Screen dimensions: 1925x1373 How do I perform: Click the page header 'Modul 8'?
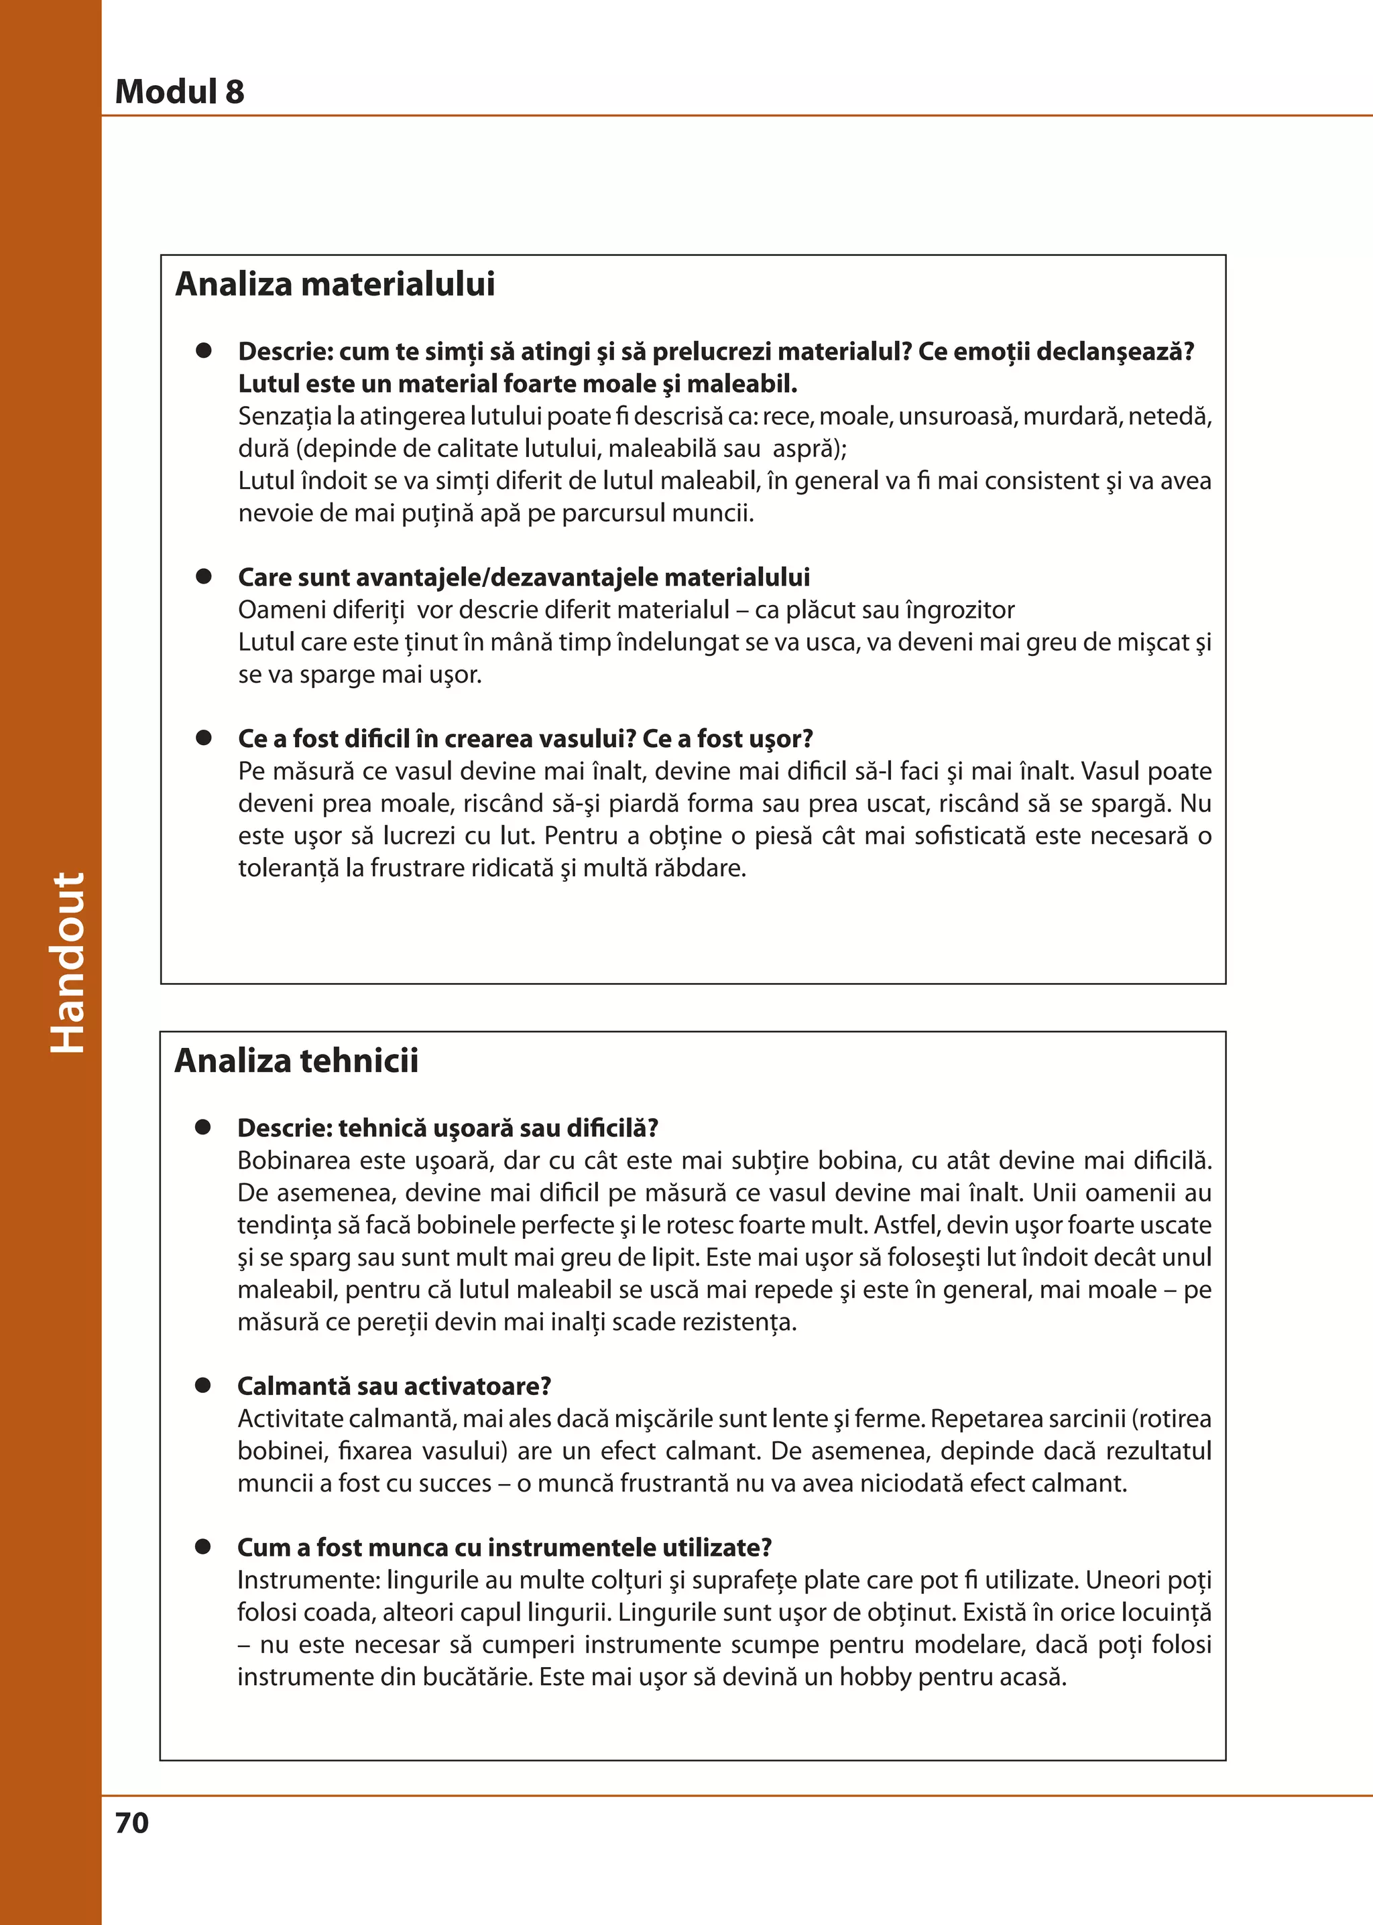179,91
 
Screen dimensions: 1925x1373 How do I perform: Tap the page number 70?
132,1822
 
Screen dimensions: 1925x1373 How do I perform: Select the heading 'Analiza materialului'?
335,284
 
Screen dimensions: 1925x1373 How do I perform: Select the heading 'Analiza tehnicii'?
296,1061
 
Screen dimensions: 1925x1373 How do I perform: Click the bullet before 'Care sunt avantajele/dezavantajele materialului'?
204,576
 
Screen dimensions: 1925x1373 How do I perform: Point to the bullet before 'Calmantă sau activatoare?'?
203,1385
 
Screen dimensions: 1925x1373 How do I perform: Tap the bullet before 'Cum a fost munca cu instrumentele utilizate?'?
203,1546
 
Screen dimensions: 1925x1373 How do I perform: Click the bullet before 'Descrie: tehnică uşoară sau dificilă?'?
203,1127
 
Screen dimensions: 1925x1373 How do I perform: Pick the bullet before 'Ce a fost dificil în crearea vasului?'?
204,738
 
